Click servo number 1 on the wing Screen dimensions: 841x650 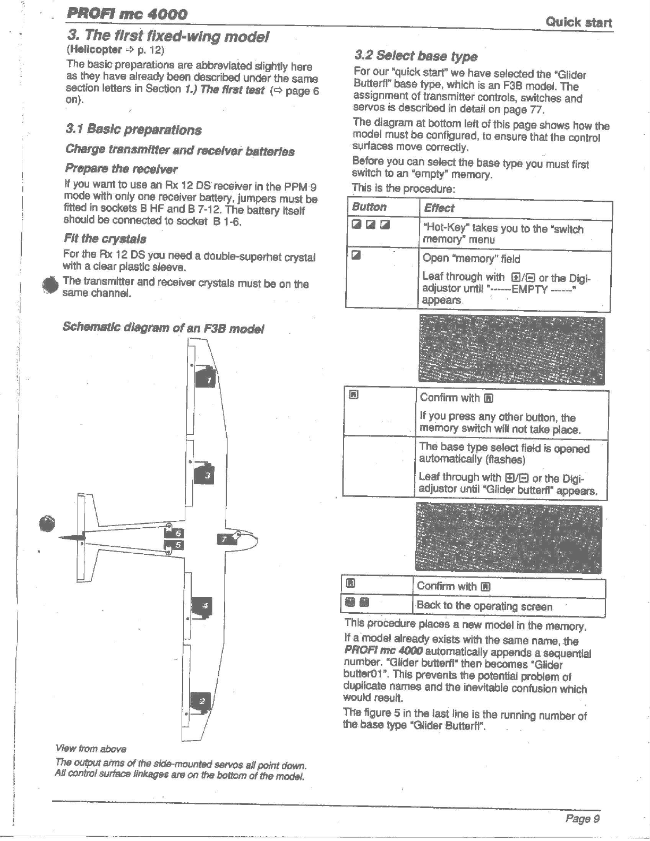[x=207, y=378]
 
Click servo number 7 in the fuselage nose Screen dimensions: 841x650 [x=225, y=539]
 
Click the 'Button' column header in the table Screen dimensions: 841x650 [x=370, y=207]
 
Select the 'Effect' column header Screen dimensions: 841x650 [x=439, y=208]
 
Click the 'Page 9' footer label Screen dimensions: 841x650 [x=582, y=818]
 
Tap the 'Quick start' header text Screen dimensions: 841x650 [x=578, y=22]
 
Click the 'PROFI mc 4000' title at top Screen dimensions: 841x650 [x=127, y=14]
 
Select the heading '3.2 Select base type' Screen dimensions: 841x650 [x=416, y=56]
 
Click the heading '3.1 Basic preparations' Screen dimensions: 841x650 [x=133, y=130]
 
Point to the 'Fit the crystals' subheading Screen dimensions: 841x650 [x=105, y=238]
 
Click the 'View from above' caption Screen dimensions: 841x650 [x=91, y=749]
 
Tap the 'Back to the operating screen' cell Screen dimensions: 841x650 [x=484, y=606]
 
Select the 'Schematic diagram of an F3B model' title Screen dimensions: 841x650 [x=163, y=327]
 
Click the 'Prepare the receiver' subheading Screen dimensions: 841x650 [x=121, y=169]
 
